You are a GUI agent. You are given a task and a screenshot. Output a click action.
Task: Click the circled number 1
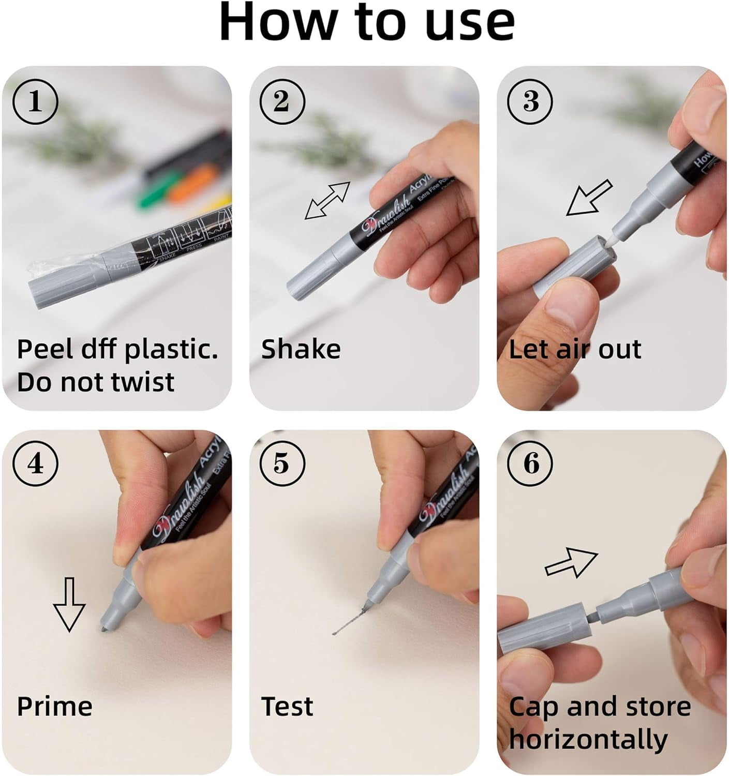35,102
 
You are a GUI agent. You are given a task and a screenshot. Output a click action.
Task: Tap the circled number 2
281,102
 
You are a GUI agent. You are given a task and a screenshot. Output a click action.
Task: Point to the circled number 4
35,464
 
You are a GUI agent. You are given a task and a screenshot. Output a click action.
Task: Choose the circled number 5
281,464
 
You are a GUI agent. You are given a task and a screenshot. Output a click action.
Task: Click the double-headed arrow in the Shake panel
328,200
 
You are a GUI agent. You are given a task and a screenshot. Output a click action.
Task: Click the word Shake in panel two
301,349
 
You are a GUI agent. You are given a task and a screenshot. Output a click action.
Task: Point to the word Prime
54,707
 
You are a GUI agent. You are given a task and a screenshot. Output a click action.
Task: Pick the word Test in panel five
287,707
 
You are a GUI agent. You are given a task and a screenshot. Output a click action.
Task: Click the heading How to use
367,23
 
